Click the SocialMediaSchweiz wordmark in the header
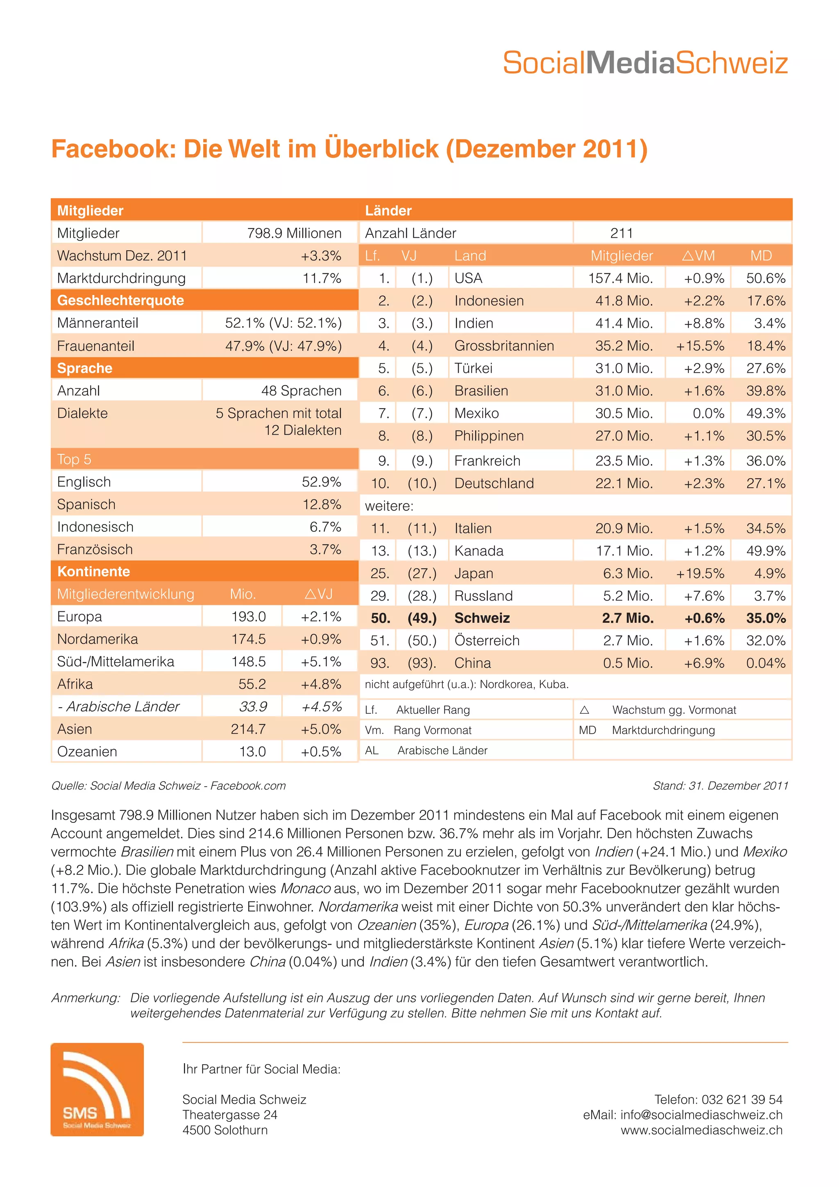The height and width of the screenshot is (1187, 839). tap(645, 63)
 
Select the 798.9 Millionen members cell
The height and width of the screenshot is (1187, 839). tap(294, 233)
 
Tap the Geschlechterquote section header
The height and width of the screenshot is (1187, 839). tap(120, 300)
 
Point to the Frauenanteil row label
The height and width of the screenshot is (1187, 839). tap(95, 346)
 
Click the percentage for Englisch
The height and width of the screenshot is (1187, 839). tap(321, 482)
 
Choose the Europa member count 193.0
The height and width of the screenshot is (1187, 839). tap(248, 617)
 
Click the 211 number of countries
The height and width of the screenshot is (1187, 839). tap(621, 233)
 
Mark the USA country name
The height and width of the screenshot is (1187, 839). tap(468, 278)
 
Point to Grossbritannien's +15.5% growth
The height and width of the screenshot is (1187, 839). tap(700, 346)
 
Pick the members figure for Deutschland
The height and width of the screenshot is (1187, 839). tap(624, 483)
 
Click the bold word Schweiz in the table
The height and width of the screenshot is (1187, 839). tap(482, 618)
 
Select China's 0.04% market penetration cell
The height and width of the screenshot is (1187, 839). tap(765, 663)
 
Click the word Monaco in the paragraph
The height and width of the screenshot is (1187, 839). tap(305, 889)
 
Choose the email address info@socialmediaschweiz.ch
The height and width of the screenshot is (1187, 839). tap(701, 1115)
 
